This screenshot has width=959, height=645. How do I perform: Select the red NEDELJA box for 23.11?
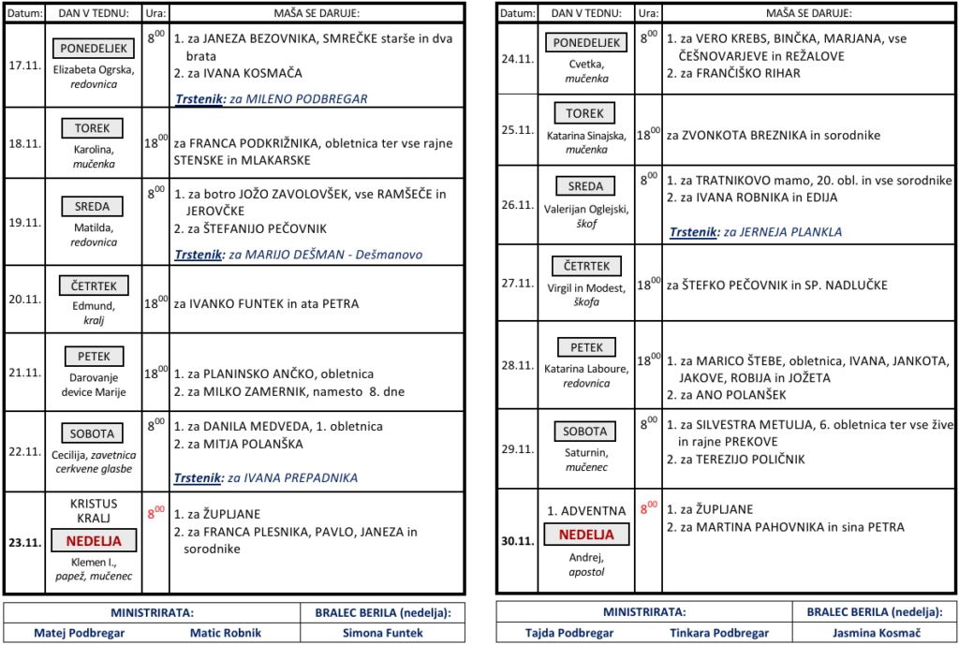tap(94, 540)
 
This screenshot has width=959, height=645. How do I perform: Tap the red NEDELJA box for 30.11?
tap(586, 535)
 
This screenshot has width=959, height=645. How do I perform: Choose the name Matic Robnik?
tap(226, 632)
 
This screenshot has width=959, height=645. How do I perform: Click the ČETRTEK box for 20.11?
tap(94, 285)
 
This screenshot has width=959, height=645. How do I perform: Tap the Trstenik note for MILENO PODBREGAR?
tap(271, 98)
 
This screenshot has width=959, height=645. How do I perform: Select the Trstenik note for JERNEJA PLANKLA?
tap(755, 232)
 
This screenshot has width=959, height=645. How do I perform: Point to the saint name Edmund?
tap(94, 305)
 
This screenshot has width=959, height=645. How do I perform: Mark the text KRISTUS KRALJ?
tap(94, 511)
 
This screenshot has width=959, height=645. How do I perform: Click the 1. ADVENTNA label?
tap(586, 511)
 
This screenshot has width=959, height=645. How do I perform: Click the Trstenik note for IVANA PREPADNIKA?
tap(266, 477)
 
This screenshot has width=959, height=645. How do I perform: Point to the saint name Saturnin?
tap(586, 452)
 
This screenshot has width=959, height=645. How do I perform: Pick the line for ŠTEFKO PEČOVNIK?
tap(776, 285)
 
